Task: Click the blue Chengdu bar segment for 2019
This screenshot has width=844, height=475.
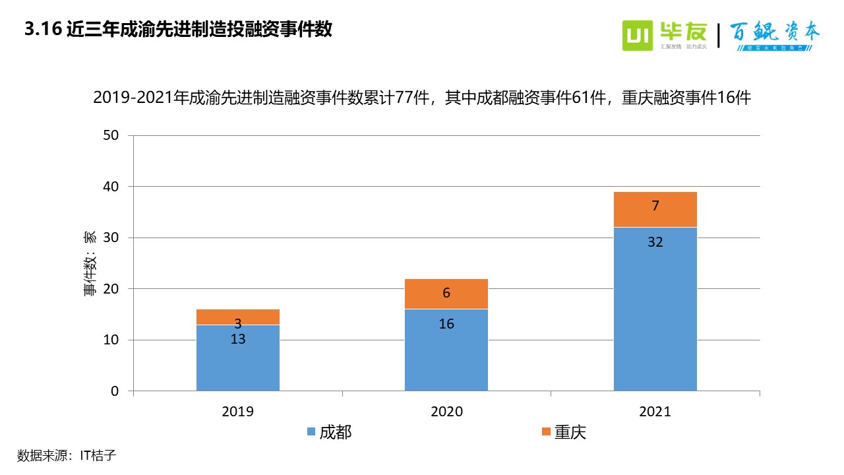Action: coord(237,363)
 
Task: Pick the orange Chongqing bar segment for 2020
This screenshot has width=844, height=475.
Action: coord(446,294)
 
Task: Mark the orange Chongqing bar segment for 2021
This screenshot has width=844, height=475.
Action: coord(655,209)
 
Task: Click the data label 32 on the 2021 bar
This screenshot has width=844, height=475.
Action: coord(655,242)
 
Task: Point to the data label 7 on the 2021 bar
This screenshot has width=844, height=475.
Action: coord(655,206)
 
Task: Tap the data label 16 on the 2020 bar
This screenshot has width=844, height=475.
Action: coord(446,324)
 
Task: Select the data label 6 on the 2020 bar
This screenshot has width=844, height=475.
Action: coord(446,293)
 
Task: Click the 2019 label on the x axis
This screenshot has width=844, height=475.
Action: coord(237,412)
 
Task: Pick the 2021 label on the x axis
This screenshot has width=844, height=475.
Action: coord(655,412)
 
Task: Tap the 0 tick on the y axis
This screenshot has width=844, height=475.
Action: coord(114,391)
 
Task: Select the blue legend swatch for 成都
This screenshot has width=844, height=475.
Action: coord(311,432)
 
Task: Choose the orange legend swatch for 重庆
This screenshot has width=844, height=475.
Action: coord(545,432)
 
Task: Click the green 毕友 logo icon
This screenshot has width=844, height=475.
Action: coord(638,36)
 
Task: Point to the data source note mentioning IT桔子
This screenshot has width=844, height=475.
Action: coord(67,455)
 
